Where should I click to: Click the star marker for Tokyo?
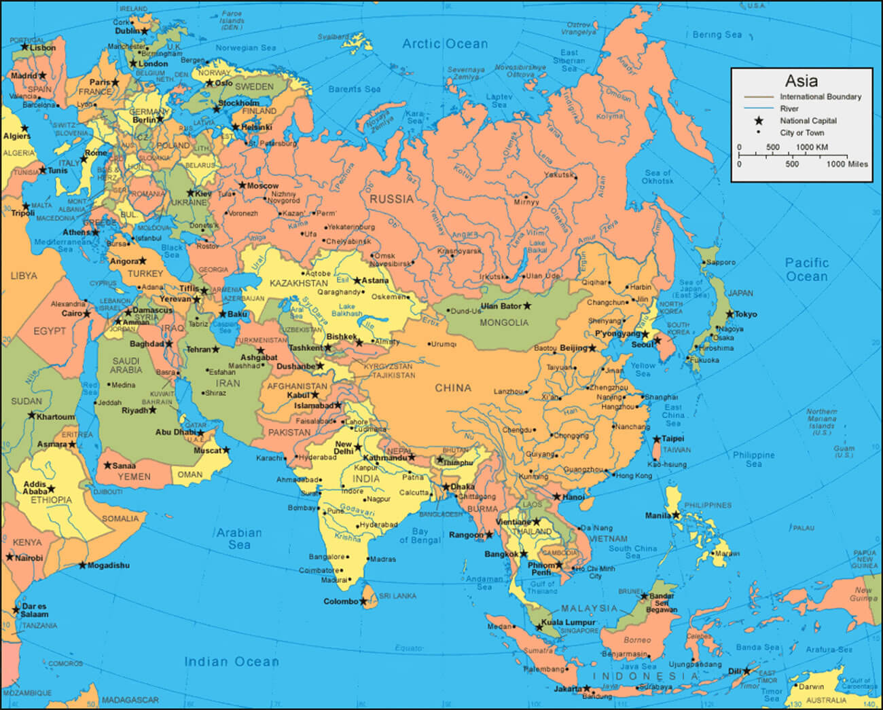(x=729, y=314)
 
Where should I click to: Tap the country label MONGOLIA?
(x=503, y=322)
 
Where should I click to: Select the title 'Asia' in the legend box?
(x=801, y=81)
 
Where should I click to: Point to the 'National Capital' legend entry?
(x=808, y=121)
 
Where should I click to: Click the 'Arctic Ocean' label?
(x=445, y=44)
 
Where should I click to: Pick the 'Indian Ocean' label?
(x=231, y=661)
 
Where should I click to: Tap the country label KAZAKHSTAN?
(x=298, y=283)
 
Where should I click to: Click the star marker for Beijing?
(x=592, y=348)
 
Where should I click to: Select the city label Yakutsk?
(x=558, y=175)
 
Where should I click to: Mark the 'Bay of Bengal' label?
(x=420, y=536)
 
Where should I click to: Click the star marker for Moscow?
(x=242, y=185)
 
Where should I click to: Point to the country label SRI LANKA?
(x=397, y=596)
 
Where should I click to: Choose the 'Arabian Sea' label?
(x=239, y=538)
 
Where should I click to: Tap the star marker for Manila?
(x=676, y=515)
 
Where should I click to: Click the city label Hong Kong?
(x=633, y=476)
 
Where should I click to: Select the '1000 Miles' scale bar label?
(x=846, y=164)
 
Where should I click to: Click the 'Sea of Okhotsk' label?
(x=657, y=177)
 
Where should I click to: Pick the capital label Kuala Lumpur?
(x=569, y=622)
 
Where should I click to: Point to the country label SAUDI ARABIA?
(x=126, y=365)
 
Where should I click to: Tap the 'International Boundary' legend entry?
(x=820, y=97)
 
